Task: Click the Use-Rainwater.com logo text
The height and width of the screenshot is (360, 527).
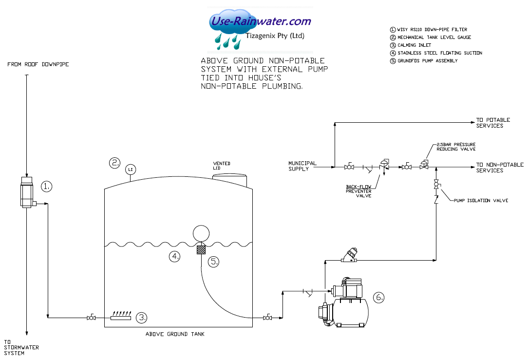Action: [x=260, y=21]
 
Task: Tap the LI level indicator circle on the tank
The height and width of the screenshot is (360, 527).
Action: [x=130, y=170]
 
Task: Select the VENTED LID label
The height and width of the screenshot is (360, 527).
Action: [x=222, y=166]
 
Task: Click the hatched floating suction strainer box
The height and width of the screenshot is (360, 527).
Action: [x=200, y=250]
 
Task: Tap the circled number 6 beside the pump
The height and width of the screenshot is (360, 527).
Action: [x=379, y=297]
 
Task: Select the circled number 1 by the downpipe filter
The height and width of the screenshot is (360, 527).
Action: [x=46, y=186]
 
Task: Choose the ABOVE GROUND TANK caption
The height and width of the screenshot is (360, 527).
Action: [x=175, y=334]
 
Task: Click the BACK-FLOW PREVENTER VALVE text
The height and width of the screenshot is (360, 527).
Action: [x=358, y=191]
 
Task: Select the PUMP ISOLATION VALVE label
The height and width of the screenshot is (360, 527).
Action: [x=481, y=201]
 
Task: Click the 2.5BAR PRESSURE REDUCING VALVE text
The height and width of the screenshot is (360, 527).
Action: [x=456, y=147]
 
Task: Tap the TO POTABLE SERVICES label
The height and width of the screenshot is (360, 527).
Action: [x=493, y=123]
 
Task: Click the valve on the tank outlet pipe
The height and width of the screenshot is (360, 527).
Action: [x=267, y=318]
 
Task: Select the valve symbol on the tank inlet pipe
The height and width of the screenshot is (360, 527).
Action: [x=90, y=318]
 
